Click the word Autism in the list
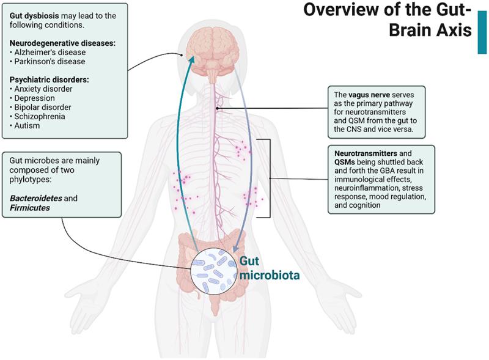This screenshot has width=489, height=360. point(26,125)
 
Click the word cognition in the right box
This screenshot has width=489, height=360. point(364,205)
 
